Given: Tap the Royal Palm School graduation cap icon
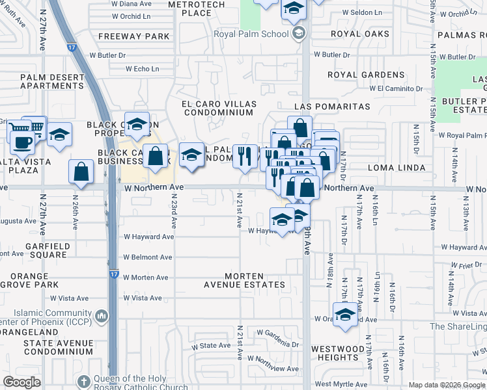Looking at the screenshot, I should [299, 34].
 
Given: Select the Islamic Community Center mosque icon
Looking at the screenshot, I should [102, 317].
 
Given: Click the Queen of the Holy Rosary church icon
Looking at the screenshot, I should [83, 382].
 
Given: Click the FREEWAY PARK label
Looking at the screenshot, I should [134, 36].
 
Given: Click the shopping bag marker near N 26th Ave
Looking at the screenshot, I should [81, 172].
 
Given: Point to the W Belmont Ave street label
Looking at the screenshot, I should [147, 257].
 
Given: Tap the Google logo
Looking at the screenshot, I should [22, 382].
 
